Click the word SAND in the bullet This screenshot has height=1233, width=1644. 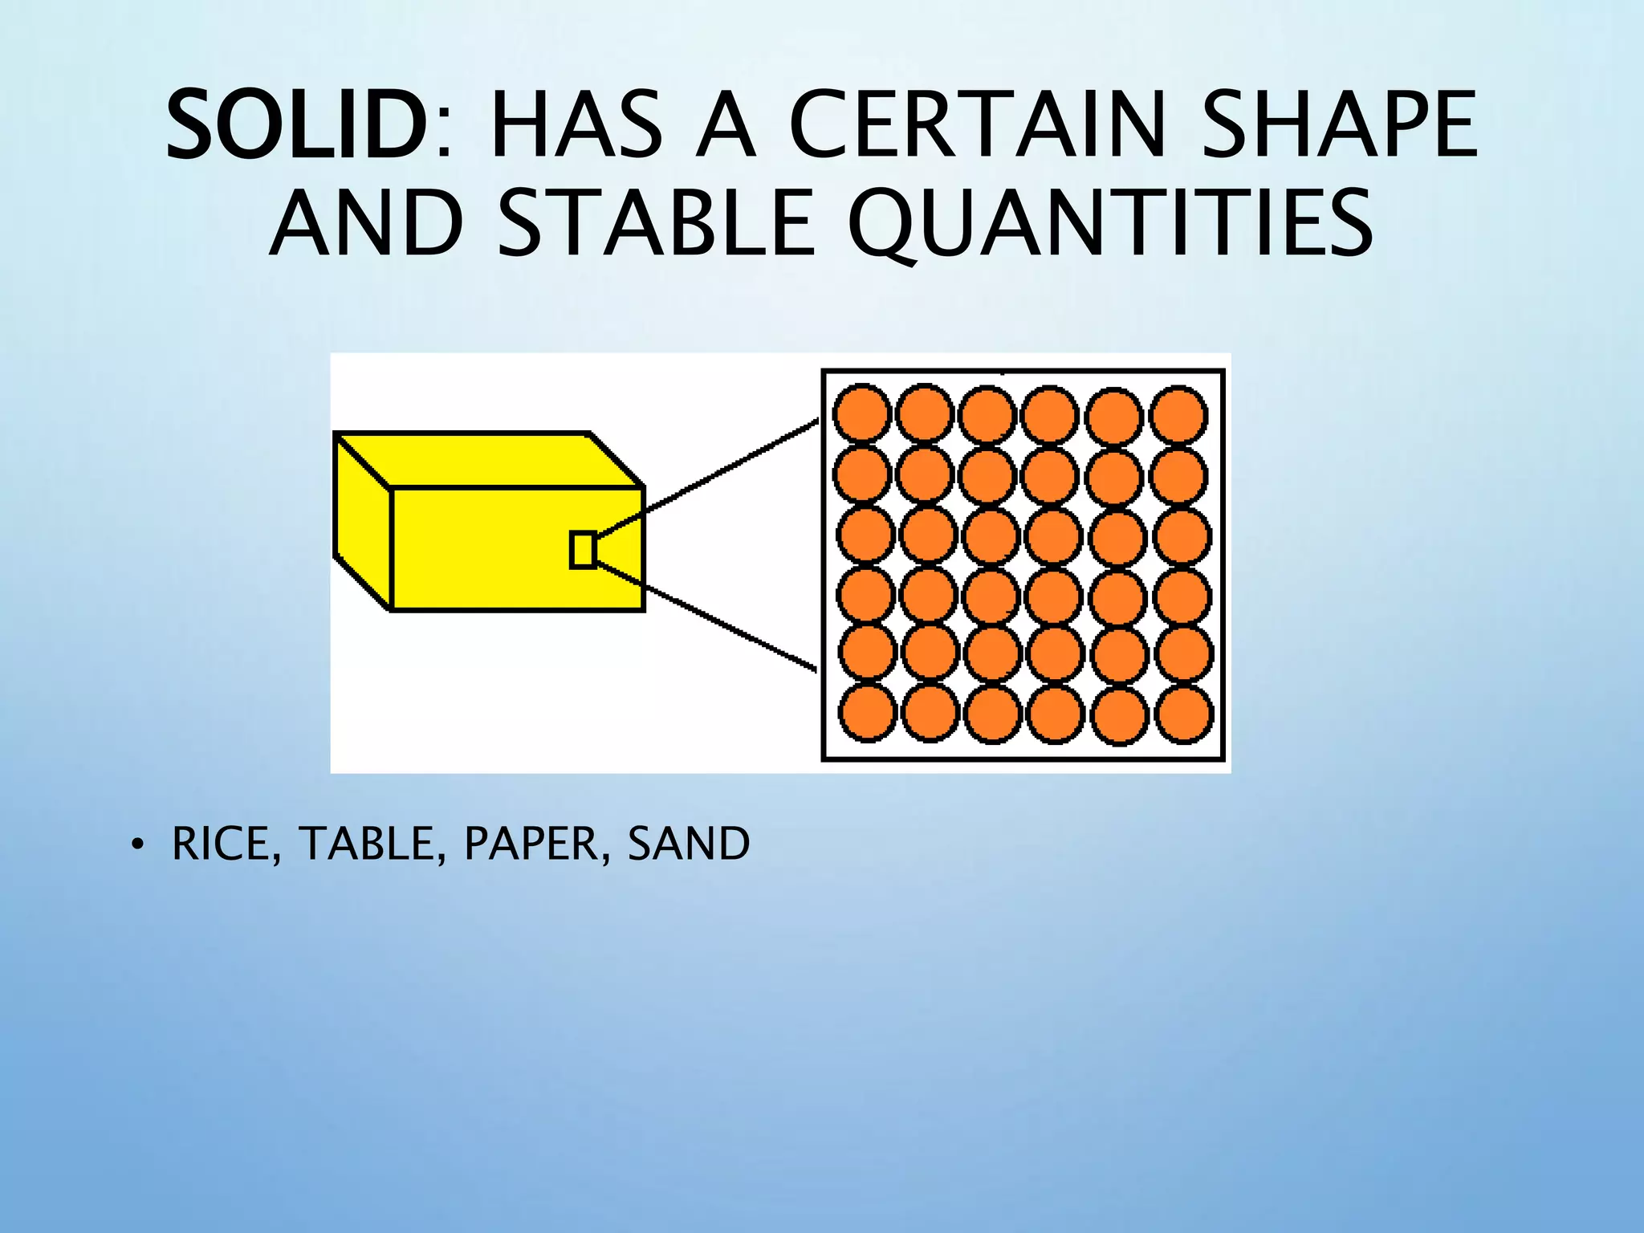click(x=689, y=844)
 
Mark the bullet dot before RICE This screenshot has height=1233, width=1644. click(x=138, y=845)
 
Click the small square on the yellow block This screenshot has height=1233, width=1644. click(x=583, y=551)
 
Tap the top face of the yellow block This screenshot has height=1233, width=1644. click(x=490, y=460)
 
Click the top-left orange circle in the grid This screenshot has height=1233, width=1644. click(x=862, y=414)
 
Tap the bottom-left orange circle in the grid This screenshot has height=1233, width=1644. click(x=867, y=713)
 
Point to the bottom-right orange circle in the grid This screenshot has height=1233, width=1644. click(x=1184, y=713)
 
